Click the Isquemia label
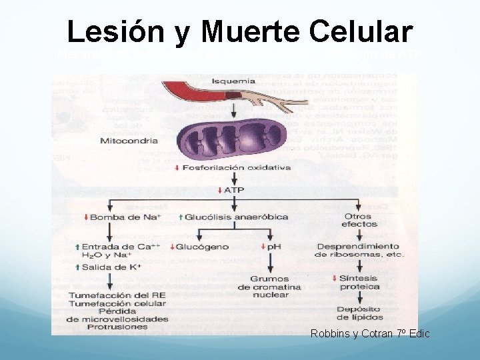tap(233, 81)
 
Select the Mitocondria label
tap(129, 141)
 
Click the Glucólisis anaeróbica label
tap(235, 217)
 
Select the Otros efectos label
tap(359, 221)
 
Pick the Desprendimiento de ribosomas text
tap(359, 250)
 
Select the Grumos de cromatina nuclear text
tap(269, 287)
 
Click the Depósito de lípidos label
tap(359, 313)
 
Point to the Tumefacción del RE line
tap(117, 295)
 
